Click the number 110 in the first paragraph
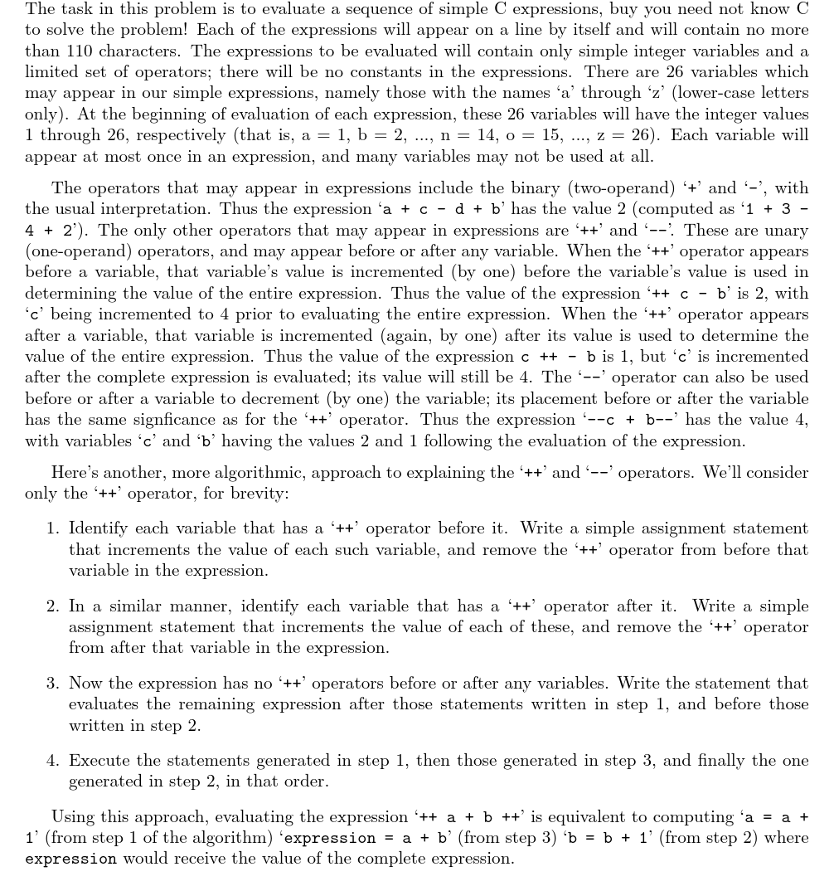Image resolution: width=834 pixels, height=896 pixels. pos(81,51)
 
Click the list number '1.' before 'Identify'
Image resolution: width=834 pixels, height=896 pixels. pos(54,528)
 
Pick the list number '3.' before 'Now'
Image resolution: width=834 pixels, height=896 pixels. pos(54,684)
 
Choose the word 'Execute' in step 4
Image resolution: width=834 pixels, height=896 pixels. pos(100,761)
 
